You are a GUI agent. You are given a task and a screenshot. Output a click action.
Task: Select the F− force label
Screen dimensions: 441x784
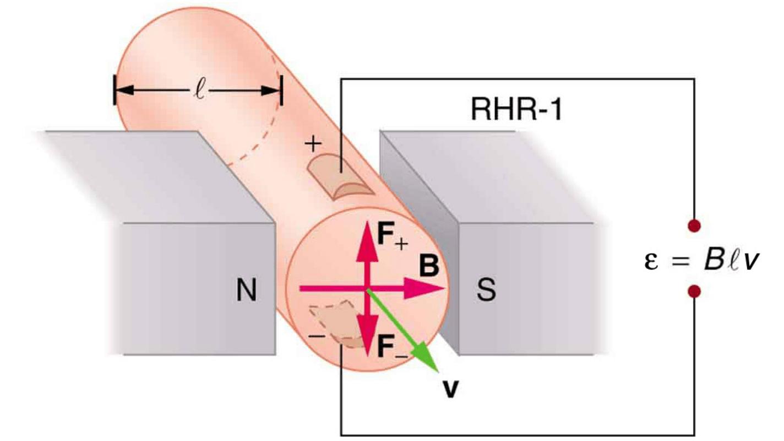click(391, 347)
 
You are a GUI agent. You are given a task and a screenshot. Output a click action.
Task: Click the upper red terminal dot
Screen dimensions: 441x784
click(695, 225)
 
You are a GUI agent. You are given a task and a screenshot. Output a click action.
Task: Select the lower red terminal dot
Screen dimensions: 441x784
click(695, 291)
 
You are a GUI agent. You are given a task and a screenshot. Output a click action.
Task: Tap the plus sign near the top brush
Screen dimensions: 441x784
click(313, 145)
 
